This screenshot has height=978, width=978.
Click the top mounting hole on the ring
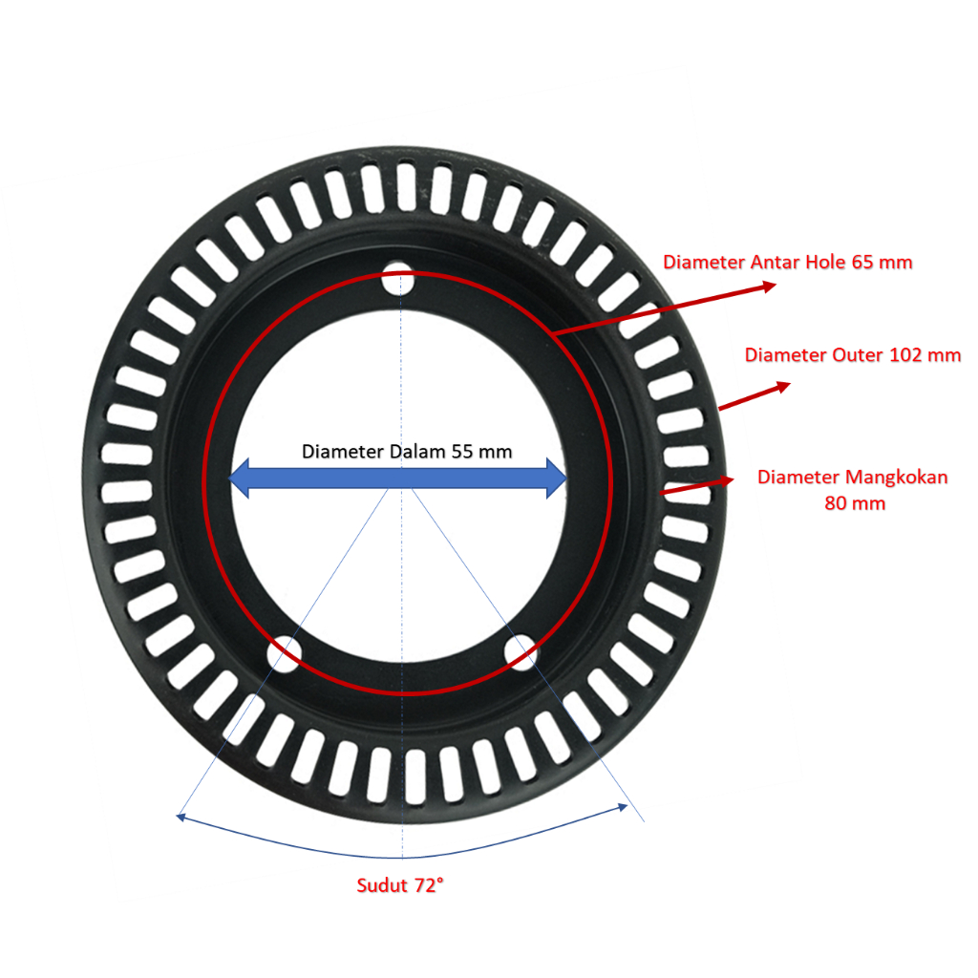(400, 282)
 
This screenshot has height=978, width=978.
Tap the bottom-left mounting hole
(285, 652)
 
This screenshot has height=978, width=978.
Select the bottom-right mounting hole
(521, 653)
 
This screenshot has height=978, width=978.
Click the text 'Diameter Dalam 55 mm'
(407, 452)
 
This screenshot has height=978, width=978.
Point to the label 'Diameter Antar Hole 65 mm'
(787, 262)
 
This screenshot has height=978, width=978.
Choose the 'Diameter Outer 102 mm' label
(852, 355)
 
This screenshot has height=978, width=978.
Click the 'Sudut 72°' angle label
(400, 885)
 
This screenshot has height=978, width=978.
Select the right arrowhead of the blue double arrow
(556, 478)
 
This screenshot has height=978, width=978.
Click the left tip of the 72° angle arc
(180, 816)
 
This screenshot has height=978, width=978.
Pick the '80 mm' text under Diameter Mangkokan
(854, 503)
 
